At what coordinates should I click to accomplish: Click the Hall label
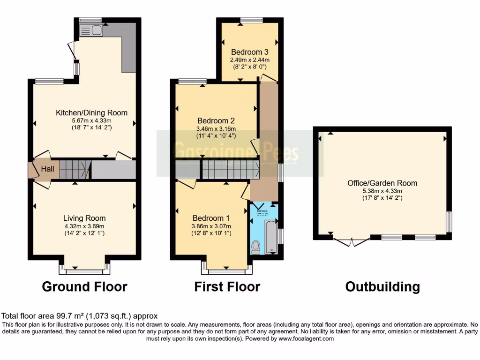point(47,169)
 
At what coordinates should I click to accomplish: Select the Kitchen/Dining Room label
point(91,112)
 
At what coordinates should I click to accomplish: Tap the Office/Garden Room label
point(382,183)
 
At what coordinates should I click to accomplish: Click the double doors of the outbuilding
point(351,242)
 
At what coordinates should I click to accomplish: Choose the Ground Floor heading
point(84,286)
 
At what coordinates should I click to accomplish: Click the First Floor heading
point(227,286)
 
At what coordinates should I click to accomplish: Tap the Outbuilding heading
point(382,286)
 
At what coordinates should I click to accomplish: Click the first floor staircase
point(230,169)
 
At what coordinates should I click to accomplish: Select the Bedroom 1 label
point(211,218)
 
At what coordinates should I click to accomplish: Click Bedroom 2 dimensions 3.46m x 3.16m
point(217,129)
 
